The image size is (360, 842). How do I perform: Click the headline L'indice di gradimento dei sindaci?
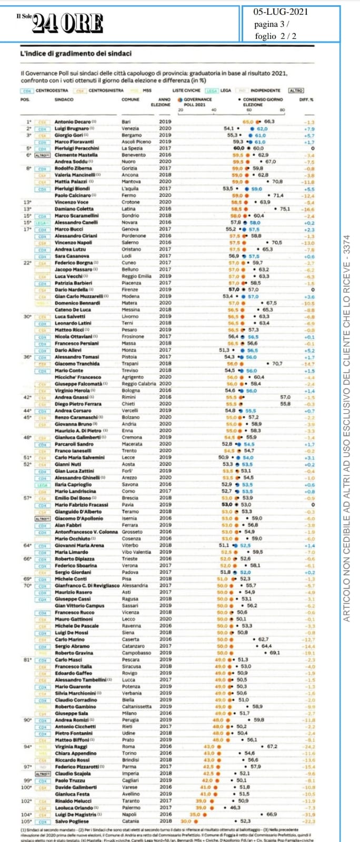click(x=76, y=54)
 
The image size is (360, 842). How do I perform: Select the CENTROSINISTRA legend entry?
click(x=106, y=91)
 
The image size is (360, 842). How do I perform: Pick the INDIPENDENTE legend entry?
click(x=265, y=91)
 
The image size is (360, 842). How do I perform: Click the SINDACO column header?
click(x=64, y=99)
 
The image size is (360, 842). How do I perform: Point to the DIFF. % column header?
click(x=306, y=99)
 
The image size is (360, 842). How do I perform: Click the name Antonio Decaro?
click(x=73, y=122)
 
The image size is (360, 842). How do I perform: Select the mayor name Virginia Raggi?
click(x=72, y=746)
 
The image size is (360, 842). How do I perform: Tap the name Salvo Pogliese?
click(x=72, y=821)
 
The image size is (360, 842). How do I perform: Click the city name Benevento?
click(x=134, y=155)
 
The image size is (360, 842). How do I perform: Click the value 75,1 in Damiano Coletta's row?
click(x=285, y=209)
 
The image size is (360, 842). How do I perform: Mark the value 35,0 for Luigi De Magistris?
click(x=195, y=814)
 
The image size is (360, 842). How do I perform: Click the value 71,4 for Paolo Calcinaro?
click(x=277, y=196)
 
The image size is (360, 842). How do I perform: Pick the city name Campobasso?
click(x=136, y=653)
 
